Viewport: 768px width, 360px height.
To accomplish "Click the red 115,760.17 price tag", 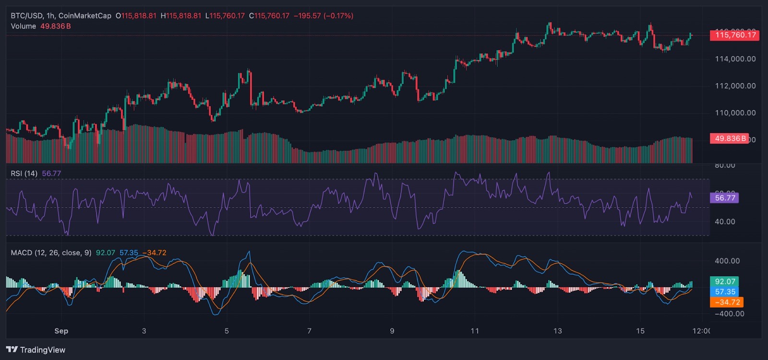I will click(x=735, y=35).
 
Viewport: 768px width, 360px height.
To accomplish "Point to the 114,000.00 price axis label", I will click(x=735, y=59).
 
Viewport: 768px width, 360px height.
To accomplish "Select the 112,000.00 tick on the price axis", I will click(x=735, y=86).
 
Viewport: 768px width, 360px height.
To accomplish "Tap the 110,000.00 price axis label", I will click(x=735, y=113).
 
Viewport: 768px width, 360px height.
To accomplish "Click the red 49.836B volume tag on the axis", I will click(x=730, y=139).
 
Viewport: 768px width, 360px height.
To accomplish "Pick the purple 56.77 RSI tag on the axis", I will click(x=724, y=198).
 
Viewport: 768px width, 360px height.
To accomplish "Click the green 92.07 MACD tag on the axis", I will click(x=724, y=282).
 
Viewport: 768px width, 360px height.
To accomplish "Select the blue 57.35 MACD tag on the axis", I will click(x=724, y=292).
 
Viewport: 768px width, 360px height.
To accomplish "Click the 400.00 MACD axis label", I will click(x=727, y=261).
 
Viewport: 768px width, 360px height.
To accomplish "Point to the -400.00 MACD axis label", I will click(x=729, y=314).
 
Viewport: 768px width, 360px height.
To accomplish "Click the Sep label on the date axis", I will click(x=61, y=331).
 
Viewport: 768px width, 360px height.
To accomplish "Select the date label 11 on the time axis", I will click(x=475, y=331).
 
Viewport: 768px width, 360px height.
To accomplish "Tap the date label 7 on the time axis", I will click(x=310, y=331).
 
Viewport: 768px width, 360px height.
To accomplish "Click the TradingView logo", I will click(x=36, y=350).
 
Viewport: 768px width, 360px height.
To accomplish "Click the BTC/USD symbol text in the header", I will click(x=26, y=16).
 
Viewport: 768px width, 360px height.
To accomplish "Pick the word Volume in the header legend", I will click(x=24, y=26).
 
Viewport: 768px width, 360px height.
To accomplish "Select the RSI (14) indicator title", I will click(x=24, y=174).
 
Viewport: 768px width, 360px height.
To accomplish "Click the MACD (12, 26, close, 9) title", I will click(x=51, y=253).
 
